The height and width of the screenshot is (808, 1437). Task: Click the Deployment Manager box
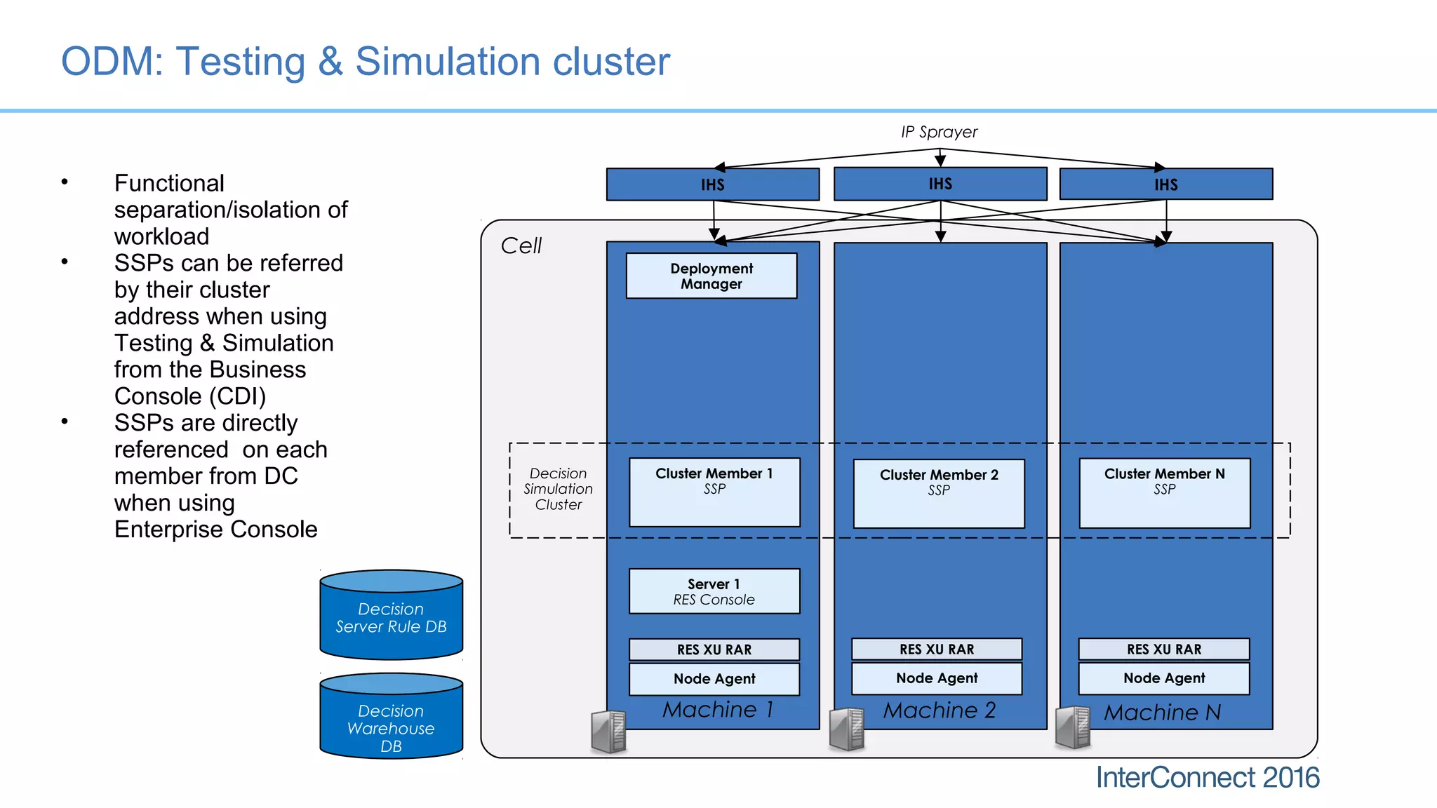[711, 276]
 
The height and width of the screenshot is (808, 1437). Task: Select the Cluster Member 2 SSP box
[938, 493]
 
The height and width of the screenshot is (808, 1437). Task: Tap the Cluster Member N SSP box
[1164, 492]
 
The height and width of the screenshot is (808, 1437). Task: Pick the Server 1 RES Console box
[714, 591]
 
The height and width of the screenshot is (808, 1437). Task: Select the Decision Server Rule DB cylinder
[391, 617]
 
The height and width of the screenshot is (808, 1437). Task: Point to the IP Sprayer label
[939, 132]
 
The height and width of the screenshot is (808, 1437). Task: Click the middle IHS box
[940, 184]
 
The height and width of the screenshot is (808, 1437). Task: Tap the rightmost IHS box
[1165, 184]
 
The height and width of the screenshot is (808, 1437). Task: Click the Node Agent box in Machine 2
[936, 678]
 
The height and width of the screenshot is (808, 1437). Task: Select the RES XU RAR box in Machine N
[1163, 649]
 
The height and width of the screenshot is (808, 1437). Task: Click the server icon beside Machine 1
[608, 732]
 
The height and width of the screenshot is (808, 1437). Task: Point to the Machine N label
[1162, 713]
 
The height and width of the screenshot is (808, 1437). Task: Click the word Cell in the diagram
[521, 245]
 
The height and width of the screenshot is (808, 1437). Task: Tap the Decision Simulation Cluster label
[558, 489]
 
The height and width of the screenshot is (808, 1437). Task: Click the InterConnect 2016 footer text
[1207, 778]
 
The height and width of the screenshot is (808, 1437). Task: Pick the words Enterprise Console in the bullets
[215, 530]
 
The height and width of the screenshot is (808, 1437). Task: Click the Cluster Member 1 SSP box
[714, 492]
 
